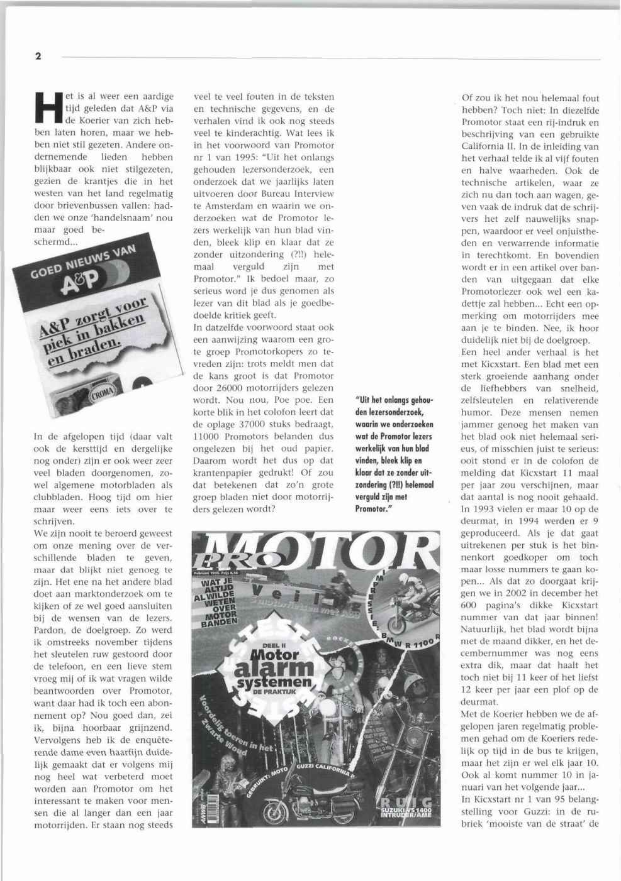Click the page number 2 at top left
pyautogui.click(x=38, y=57)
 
